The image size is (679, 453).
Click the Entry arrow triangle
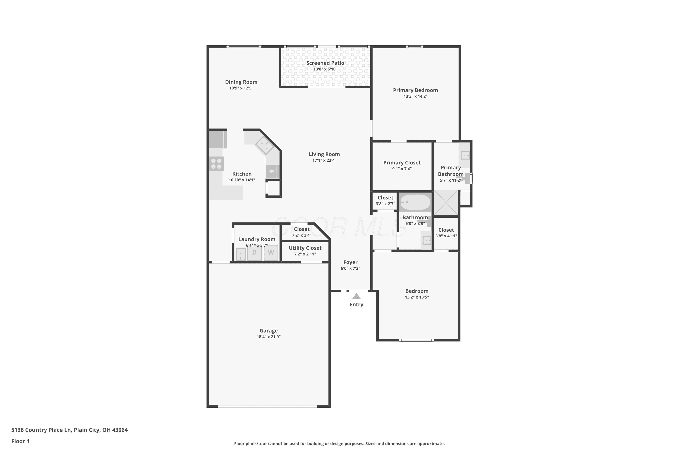[x=356, y=296]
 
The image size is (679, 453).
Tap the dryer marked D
[x=254, y=253]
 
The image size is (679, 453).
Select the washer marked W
[x=271, y=253]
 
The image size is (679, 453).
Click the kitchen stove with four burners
[x=216, y=164]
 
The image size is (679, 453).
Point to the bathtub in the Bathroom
[x=415, y=202]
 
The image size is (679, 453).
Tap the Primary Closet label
[x=402, y=163]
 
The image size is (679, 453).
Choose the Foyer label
[x=350, y=262]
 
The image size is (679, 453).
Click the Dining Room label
[x=241, y=82]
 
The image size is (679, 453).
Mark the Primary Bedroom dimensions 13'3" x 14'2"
[x=415, y=96]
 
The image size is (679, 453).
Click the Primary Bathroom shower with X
[x=446, y=202]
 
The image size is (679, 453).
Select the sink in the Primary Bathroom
[x=465, y=155]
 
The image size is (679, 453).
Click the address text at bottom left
[x=69, y=430]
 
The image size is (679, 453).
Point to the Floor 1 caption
[x=20, y=441]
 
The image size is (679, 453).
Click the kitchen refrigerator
[x=218, y=140]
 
